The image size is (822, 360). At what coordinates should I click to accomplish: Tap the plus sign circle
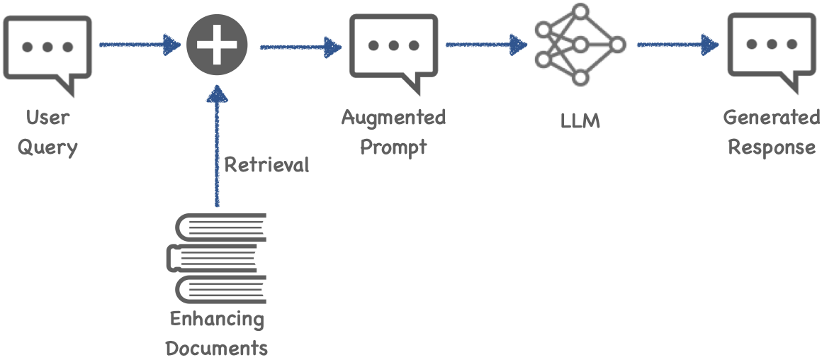coord(217,45)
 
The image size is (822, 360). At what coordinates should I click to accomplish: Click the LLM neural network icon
coord(580,45)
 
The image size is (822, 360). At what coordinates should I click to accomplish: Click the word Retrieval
coord(267,165)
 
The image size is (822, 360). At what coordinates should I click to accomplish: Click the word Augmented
coord(394,118)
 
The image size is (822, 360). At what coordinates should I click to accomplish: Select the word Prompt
coord(394,147)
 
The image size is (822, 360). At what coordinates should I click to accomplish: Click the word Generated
coord(772,118)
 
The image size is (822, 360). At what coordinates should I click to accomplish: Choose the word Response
coord(772,147)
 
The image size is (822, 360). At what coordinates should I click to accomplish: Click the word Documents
coord(217,347)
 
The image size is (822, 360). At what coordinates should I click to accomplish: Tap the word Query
coord(47,148)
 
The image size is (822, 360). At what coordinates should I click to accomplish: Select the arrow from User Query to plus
coord(140,45)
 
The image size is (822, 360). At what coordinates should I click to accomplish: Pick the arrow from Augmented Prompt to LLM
coord(487,45)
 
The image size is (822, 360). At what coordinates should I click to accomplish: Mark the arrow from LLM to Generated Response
coord(678,45)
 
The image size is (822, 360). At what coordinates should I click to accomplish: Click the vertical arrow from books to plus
coord(217,146)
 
